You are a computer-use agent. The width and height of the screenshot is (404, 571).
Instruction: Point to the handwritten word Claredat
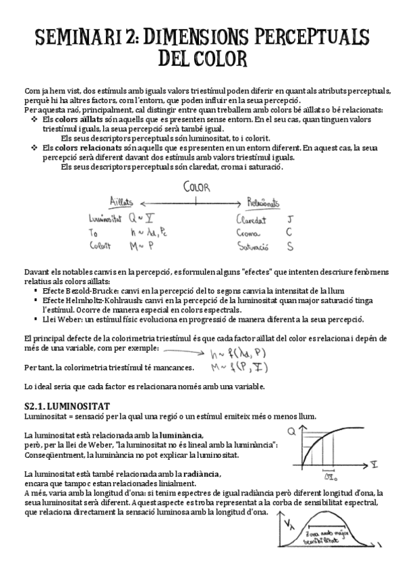251,219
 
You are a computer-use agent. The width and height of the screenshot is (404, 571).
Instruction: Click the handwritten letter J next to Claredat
289,219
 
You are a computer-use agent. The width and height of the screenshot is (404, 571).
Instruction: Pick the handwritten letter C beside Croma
289,232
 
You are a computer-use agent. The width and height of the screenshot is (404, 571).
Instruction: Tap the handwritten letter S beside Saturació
289,246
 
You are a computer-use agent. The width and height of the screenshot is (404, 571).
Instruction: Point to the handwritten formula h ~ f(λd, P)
233,353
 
